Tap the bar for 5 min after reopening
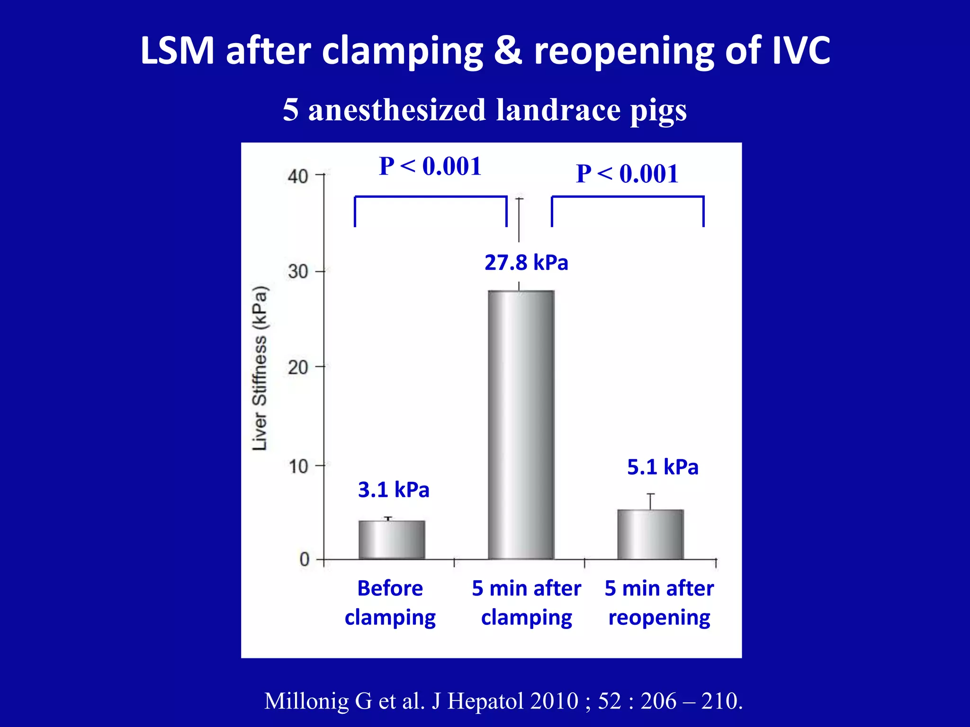coord(650,534)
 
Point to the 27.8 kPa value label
coord(526,263)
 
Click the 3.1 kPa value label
coord(394,490)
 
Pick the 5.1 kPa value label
coord(663,467)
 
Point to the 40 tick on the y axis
coord(298,177)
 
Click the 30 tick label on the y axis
coord(298,272)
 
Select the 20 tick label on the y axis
coord(298,367)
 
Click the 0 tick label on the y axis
coord(304,560)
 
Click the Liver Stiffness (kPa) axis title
coord(260,368)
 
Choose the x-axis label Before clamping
coord(390,603)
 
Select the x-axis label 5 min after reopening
coord(659,603)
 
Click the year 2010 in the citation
coord(554,701)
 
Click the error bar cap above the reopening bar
coord(651,494)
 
